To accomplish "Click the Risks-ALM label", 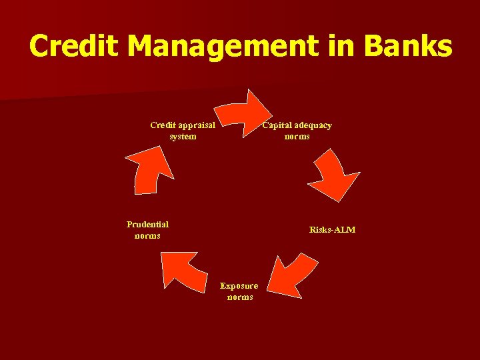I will click(332, 230).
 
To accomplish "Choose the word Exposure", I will click(239, 286).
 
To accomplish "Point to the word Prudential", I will click(147, 225).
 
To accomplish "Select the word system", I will click(183, 137).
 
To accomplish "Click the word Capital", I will click(277, 125).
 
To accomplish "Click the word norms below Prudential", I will click(147, 236).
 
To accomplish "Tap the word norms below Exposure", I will click(240, 297).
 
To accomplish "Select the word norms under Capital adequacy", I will click(297, 137).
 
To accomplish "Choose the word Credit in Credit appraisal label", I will click(163, 125).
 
